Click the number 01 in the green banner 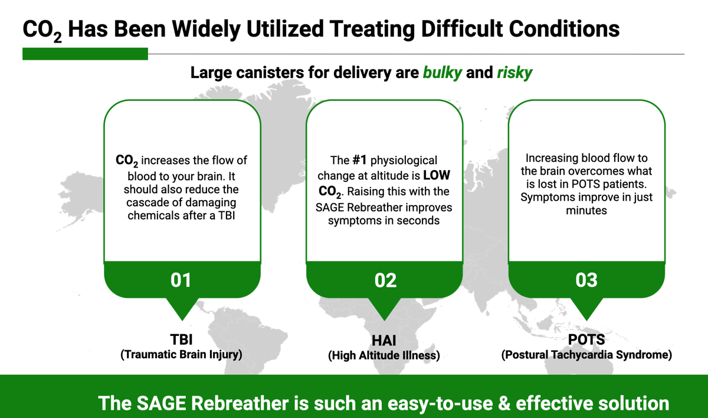point(181,279)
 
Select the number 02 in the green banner point(385,280)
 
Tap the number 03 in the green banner point(586,280)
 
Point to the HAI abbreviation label point(384,341)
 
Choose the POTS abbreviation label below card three point(586,340)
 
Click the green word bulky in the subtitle point(442,73)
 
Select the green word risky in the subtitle point(514,73)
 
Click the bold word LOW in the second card point(435,176)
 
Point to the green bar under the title point(85,54)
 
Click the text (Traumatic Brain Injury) point(181,354)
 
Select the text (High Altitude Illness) point(384,355)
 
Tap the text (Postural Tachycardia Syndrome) point(586,355)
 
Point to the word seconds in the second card point(416,220)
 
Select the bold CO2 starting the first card point(127,161)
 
